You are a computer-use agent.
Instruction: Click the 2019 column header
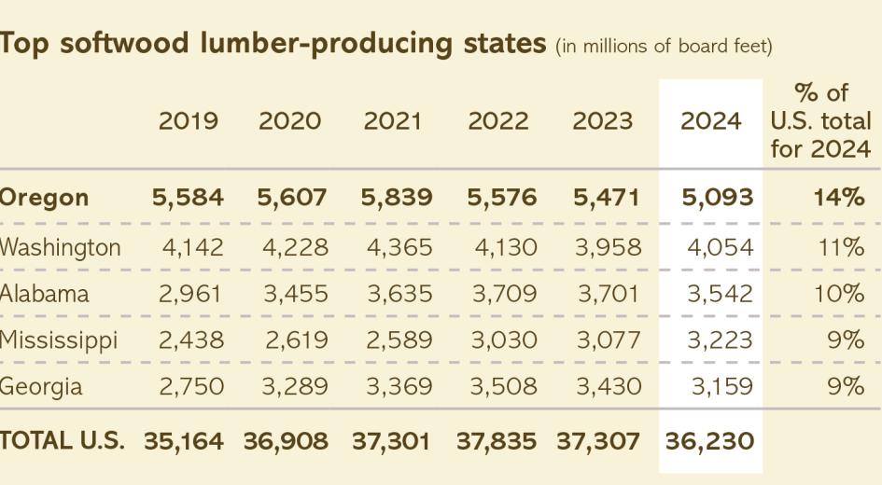pyautogui.click(x=189, y=121)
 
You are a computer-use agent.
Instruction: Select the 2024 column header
pyautogui.click(x=711, y=121)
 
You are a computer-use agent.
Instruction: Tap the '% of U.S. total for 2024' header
pyautogui.click(x=821, y=121)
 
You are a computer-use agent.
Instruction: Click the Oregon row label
pyautogui.click(x=45, y=198)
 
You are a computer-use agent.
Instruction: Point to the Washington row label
pyautogui.click(x=61, y=247)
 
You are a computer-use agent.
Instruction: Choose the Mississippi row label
pyautogui.click(x=59, y=340)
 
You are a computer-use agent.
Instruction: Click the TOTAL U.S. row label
pyautogui.click(x=63, y=441)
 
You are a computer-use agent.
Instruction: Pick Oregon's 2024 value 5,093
pyautogui.click(x=718, y=198)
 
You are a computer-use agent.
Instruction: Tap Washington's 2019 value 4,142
pyautogui.click(x=191, y=247)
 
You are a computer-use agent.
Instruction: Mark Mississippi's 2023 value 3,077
pyautogui.click(x=609, y=340)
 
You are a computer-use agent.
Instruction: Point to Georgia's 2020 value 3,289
pyautogui.click(x=294, y=386)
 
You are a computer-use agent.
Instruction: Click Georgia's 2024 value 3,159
pyautogui.click(x=720, y=386)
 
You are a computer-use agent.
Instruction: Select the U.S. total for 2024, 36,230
pyautogui.click(x=709, y=441)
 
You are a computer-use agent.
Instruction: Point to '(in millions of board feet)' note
pyautogui.click(x=664, y=47)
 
